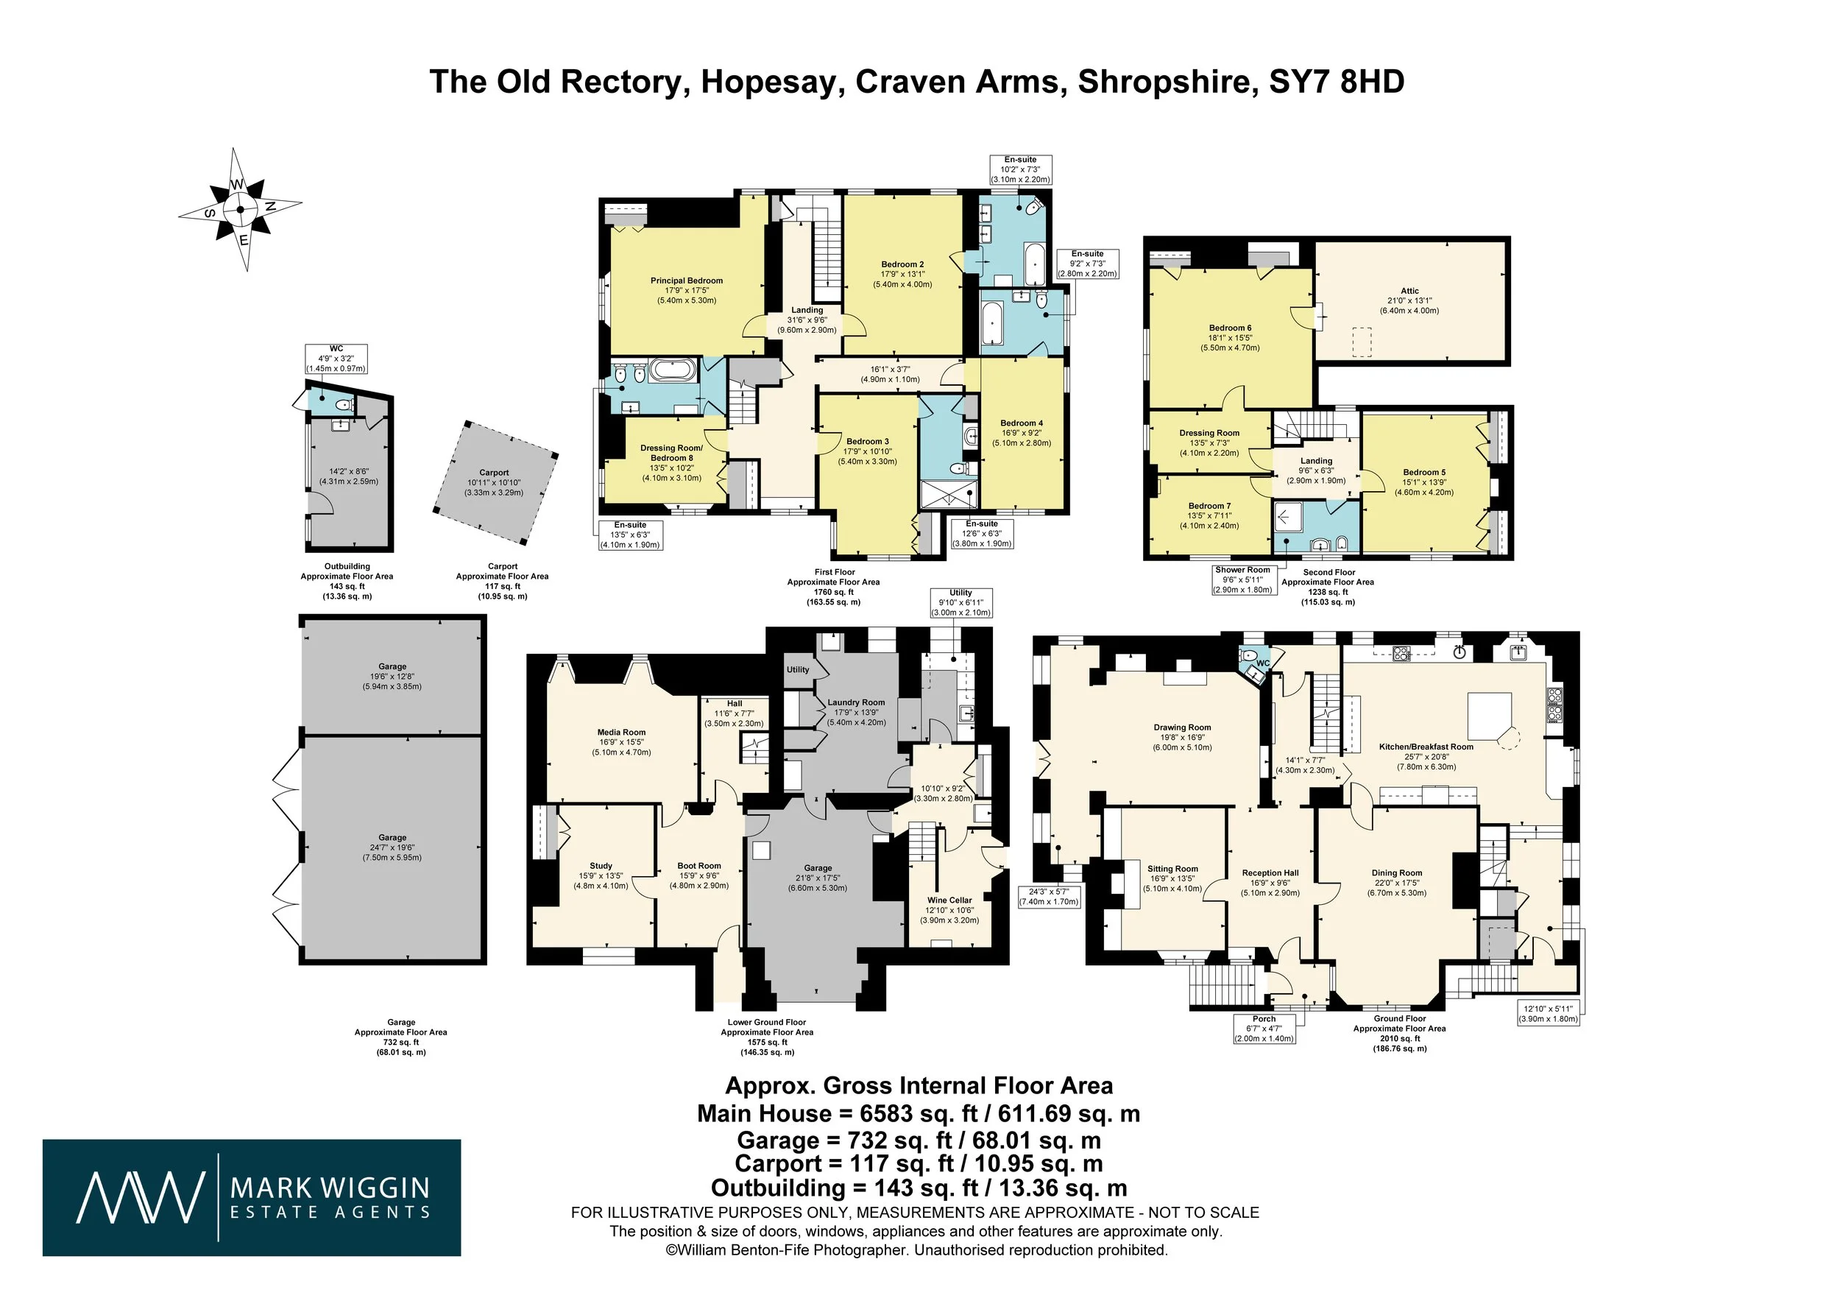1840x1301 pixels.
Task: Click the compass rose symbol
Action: click(x=241, y=210)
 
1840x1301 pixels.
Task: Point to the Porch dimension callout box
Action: click(x=1264, y=1029)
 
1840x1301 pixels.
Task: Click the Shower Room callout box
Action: click(x=1243, y=579)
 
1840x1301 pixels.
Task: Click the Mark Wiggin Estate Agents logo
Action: click(x=252, y=1196)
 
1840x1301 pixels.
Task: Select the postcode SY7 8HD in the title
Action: click(x=1337, y=82)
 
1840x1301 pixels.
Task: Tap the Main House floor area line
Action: click(x=919, y=1113)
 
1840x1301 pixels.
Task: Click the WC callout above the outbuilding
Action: click(x=336, y=359)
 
